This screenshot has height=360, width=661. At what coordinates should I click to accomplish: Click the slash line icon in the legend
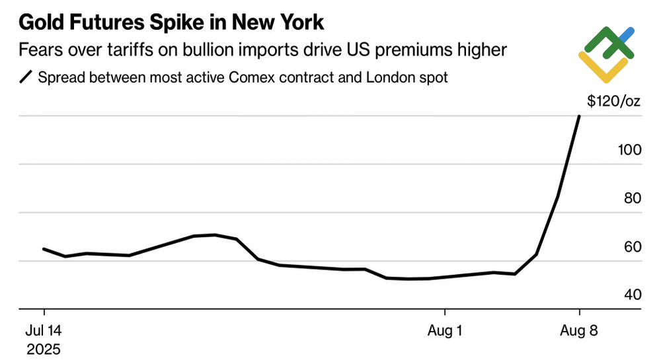point(26,78)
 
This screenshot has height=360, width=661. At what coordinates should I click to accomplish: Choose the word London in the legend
point(390,78)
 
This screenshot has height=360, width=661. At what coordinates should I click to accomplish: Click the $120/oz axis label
point(614,101)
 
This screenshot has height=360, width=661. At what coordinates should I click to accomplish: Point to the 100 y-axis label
point(630,150)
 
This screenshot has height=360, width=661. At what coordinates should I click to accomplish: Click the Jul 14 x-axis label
point(44,330)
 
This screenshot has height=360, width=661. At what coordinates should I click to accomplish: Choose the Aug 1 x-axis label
point(445,330)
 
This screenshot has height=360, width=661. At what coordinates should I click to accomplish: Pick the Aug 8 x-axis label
point(580,330)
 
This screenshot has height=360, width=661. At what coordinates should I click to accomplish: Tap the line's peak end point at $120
point(580,116)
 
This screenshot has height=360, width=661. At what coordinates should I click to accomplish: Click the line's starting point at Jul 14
point(44,249)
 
